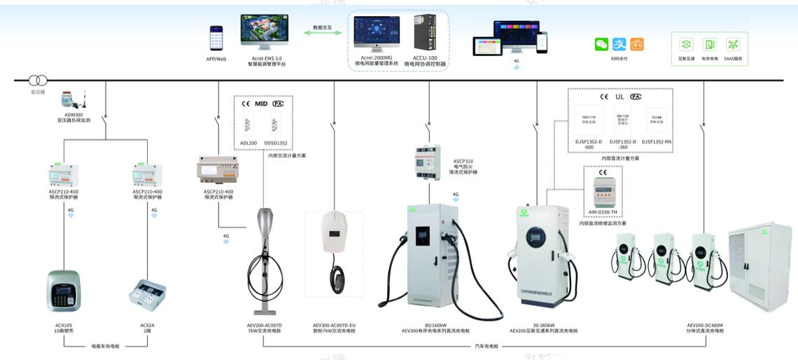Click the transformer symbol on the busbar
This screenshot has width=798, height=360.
37,81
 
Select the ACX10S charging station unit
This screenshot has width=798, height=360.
64,291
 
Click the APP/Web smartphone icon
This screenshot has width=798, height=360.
216,39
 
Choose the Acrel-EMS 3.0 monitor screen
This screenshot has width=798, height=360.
264,30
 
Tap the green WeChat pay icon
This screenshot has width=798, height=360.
601,44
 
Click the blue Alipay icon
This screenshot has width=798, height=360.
619,44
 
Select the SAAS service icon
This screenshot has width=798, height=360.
733,44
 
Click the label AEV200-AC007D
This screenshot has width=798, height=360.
265,325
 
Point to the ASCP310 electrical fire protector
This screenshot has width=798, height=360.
428,161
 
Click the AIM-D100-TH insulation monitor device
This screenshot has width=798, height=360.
603,191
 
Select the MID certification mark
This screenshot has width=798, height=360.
261,104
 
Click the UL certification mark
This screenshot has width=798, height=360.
619,97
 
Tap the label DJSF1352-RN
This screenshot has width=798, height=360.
657,142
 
